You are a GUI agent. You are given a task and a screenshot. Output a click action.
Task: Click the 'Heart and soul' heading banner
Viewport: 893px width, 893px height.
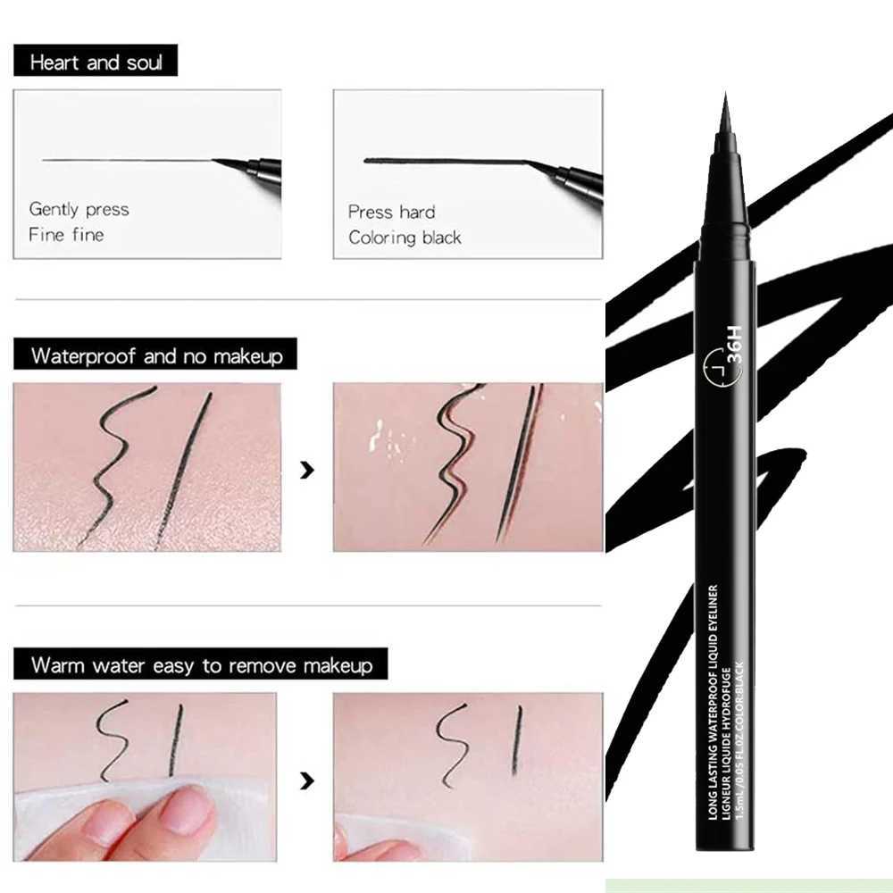point(96,63)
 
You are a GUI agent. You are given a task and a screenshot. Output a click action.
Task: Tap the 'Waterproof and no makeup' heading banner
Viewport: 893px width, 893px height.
point(156,355)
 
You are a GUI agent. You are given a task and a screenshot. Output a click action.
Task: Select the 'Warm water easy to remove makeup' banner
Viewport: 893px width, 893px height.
point(201,665)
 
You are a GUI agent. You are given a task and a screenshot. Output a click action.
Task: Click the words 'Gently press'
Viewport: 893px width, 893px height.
point(79,210)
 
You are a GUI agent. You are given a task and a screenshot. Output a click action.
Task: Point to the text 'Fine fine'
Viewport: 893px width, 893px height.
point(66,235)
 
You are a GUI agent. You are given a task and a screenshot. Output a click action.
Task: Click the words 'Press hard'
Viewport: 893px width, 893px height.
point(391,212)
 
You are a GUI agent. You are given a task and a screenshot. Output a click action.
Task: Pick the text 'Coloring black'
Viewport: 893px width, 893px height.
point(405,238)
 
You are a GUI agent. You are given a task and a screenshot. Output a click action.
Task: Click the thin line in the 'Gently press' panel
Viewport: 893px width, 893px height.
point(125,161)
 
